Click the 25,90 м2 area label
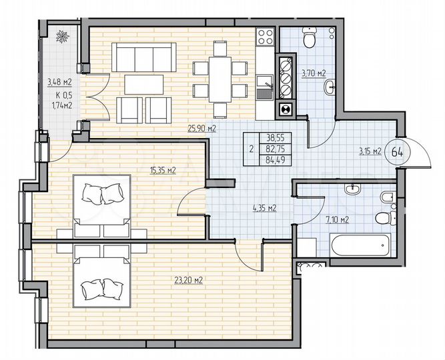(x=203, y=129)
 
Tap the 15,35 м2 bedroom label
(x=163, y=171)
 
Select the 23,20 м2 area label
(x=189, y=280)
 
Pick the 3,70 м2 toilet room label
(x=312, y=73)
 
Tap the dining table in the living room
(x=219, y=69)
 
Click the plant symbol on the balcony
(x=63, y=37)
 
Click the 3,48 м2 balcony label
(x=59, y=83)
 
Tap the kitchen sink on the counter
(x=264, y=87)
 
